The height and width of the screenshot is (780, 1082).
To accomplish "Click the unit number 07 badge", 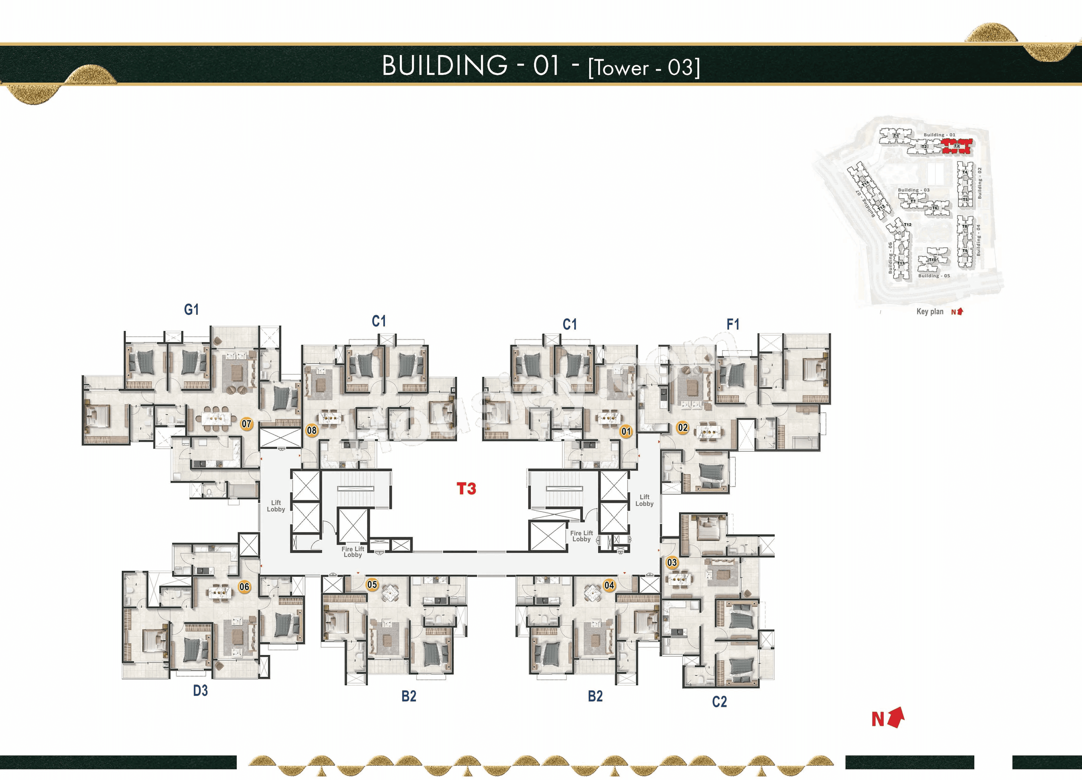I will click(246, 424).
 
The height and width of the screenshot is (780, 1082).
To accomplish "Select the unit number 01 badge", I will click(626, 431).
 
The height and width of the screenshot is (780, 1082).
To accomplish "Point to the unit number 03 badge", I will click(672, 563).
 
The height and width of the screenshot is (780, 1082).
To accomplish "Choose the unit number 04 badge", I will click(609, 585).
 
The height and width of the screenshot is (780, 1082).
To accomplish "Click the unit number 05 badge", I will click(372, 585).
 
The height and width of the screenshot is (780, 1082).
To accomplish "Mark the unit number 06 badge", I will click(244, 587).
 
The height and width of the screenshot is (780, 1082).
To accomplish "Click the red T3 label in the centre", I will click(466, 489).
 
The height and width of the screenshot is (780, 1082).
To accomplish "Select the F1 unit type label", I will click(733, 325).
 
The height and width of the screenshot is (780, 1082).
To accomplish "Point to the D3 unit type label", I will click(200, 691).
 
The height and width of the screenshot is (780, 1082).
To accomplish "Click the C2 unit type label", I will click(719, 702).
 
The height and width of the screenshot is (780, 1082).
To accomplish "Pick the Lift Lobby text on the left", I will click(276, 506).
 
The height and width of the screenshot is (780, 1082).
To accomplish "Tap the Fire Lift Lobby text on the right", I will click(582, 536).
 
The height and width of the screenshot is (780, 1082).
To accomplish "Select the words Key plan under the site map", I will click(930, 312).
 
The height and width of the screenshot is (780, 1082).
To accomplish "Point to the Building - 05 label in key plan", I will click(934, 276).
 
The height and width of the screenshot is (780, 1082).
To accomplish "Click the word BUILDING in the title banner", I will click(445, 66).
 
